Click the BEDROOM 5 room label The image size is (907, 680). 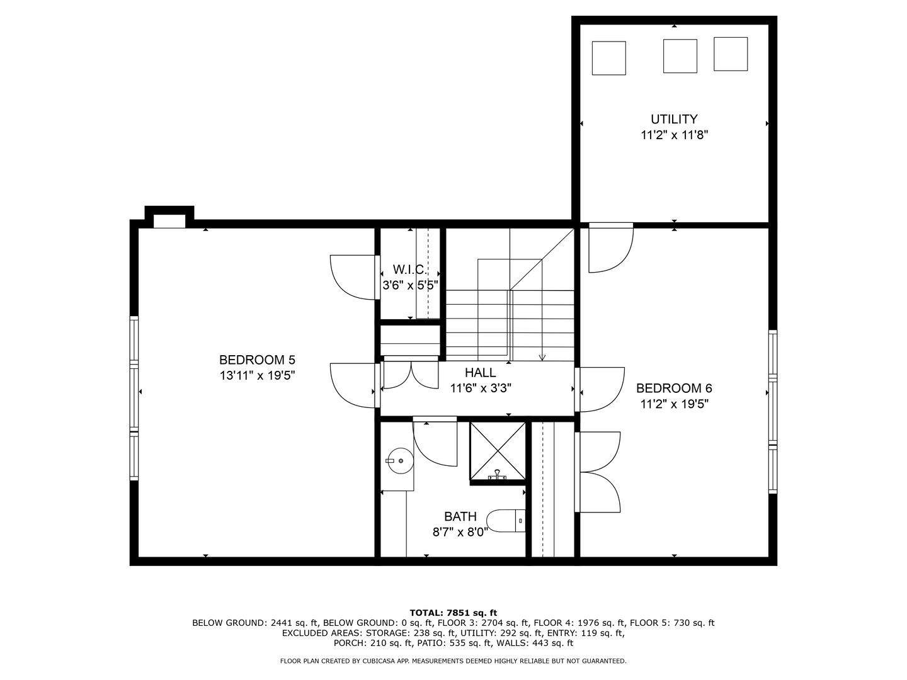(x=257, y=360)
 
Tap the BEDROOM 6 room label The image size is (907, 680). (x=674, y=388)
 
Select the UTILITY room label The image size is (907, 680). (x=674, y=119)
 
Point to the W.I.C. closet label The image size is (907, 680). (x=410, y=269)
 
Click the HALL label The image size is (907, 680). (x=481, y=373)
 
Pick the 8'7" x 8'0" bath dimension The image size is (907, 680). (x=460, y=533)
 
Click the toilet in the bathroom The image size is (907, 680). (x=508, y=520)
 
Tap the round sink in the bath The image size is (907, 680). (x=399, y=461)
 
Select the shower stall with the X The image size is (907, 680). (x=498, y=451)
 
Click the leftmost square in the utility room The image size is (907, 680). (x=609, y=58)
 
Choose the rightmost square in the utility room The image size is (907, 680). (x=731, y=54)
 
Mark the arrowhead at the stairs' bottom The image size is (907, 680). (x=542, y=358)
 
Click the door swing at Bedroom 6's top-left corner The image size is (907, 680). (x=610, y=249)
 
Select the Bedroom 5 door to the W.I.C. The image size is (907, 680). (x=353, y=277)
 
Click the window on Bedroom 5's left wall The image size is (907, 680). (x=134, y=398)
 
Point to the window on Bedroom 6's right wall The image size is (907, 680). (x=773, y=411)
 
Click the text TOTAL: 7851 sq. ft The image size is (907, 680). (x=453, y=613)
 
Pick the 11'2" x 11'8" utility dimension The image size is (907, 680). (x=674, y=135)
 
